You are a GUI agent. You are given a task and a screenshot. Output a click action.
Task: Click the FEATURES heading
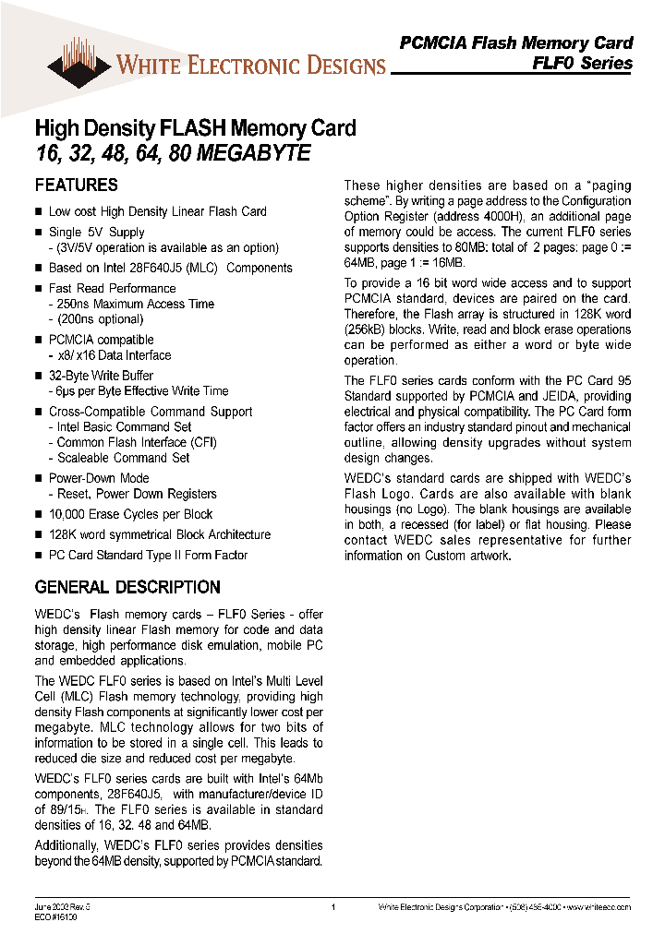[76, 185]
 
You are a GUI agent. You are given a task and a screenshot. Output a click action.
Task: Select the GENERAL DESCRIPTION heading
[127, 587]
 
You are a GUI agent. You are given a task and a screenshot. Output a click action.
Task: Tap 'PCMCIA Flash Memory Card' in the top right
[515, 42]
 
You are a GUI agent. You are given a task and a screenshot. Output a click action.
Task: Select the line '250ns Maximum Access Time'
[135, 304]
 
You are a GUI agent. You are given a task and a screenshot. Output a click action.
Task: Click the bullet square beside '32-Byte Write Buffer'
[39, 376]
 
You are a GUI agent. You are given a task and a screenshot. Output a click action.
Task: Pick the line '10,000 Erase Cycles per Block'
[130, 514]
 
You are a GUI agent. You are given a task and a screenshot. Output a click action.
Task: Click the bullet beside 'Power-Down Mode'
[39, 478]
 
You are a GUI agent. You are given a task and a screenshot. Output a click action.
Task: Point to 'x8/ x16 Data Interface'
[114, 355]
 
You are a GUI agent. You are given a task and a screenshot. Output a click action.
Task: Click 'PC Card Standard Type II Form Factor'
[148, 555]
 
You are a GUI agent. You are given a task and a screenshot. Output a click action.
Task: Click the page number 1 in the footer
[332, 907]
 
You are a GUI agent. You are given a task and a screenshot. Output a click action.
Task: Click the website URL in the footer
[597, 907]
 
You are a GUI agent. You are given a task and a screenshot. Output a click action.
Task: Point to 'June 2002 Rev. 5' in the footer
[62, 906]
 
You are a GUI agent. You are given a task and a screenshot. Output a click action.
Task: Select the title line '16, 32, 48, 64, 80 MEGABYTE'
[172, 154]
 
